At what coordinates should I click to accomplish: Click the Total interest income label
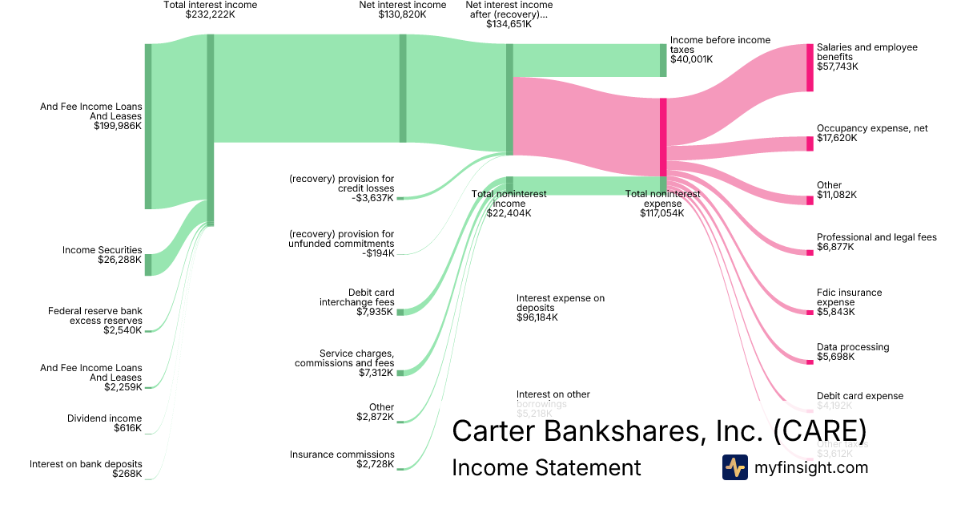(x=210, y=10)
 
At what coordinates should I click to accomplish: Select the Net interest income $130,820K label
(x=402, y=10)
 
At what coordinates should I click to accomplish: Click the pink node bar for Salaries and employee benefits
(x=810, y=67)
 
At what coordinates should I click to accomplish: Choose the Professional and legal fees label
(x=876, y=242)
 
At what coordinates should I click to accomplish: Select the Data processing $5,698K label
(x=852, y=352)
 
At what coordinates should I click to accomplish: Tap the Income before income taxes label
(x=720, y=49)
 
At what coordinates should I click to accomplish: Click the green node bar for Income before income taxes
(x=663, y=60)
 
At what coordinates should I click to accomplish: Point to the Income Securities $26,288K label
(x=103, y=255)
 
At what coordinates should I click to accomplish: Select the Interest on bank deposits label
(x=86, y=468)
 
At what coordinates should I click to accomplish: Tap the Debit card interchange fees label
(x=357, y=301)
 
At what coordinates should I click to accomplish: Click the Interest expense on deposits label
(x=561, y=307)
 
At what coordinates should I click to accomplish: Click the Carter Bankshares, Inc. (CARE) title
(x=658, y=430)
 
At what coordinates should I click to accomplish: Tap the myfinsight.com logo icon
(x=734, y=467)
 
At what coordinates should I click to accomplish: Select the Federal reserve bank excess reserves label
(x=94, y=320)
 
